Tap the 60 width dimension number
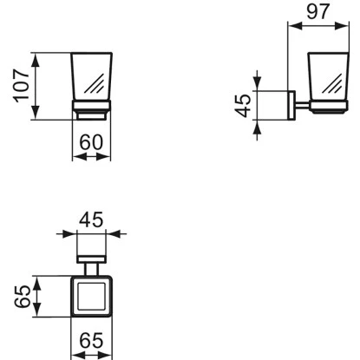pyautogui.click(x=92, y=142)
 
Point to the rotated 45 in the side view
pyautogui.click(x=244, y=106)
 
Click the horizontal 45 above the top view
pyautogui.click(x=91, y=220)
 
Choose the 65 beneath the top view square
pyautogui.click(x=90, y=341)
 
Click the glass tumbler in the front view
pyautogui.click(x=92, y=79)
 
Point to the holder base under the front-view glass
pyautogui.click(x=92, y=111)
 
